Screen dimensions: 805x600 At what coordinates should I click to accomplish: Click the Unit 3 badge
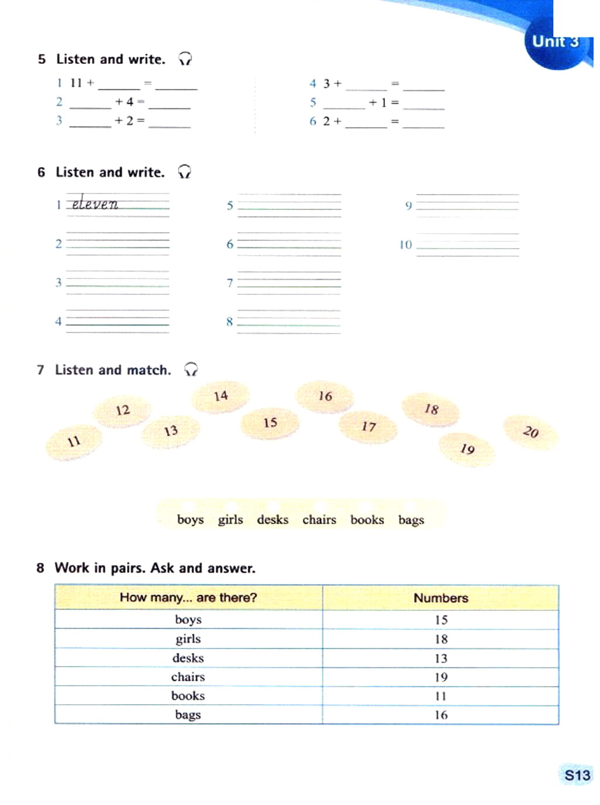point(555,42)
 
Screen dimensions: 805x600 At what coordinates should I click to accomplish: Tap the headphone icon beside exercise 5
point(185,59)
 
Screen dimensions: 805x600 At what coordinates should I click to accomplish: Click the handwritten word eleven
point(95,203)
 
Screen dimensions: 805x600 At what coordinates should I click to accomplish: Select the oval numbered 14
point(221,396)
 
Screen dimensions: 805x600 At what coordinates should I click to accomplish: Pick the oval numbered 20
point(531,432)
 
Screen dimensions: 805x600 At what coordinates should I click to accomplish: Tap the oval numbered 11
point(74,441)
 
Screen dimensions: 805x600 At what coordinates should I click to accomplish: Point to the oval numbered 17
point(369,426)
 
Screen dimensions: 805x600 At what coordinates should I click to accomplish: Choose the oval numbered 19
point(467,449)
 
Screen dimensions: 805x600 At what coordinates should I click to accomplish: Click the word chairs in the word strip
point(319,519)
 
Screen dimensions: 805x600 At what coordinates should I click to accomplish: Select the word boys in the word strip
point(190,519)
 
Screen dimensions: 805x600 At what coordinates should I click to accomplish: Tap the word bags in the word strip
point(411,520)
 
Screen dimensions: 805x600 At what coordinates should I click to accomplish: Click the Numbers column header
point(441,598)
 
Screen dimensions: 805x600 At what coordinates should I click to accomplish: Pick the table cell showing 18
point(441,639)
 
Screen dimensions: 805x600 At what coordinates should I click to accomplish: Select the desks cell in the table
point(188,658)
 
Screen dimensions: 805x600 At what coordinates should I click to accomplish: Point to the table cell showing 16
point(441,715)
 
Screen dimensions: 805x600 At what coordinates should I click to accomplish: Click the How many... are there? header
point(188,597)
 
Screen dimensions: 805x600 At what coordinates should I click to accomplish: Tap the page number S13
point(577,776)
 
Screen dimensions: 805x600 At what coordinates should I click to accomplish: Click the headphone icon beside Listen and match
point(191,369)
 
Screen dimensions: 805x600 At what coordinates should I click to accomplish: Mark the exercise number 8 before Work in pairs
point(40,568)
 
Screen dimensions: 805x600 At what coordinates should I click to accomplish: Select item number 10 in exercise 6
point(405,244)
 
